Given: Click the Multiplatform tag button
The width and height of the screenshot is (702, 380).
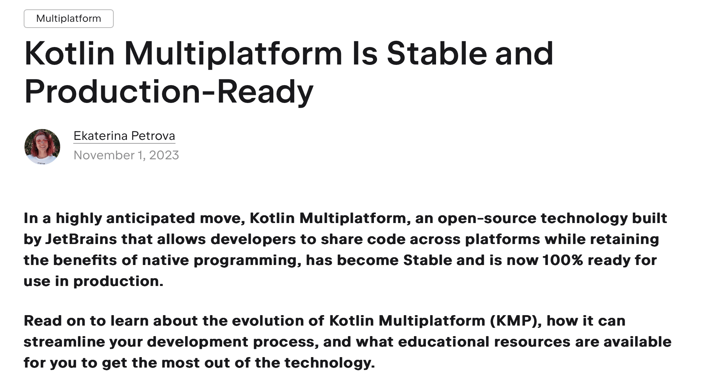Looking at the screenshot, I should pos(68,19).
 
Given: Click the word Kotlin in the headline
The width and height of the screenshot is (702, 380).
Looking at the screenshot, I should pos(70,54).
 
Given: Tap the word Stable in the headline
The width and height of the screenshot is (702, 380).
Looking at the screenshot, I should pos(436,54).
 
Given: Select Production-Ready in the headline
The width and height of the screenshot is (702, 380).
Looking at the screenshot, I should pos(169,92).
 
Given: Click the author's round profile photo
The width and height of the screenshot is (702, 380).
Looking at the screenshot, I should pos(42,147).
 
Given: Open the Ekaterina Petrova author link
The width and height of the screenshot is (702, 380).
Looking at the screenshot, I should pos(124,136).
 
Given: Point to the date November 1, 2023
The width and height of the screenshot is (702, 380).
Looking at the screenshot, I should pos(126,155).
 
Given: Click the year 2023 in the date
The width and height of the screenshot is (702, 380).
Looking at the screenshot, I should pos(164,155).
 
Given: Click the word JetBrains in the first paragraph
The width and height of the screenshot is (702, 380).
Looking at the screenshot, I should pos(81,239).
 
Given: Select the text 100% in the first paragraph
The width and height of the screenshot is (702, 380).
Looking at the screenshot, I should pos(562,260).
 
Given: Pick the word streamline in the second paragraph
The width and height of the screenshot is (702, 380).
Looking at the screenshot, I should pos(64,342).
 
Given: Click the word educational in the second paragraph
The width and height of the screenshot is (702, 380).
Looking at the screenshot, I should pos(443,342).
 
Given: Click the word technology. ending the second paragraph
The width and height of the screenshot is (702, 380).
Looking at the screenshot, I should pos(330,363).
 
